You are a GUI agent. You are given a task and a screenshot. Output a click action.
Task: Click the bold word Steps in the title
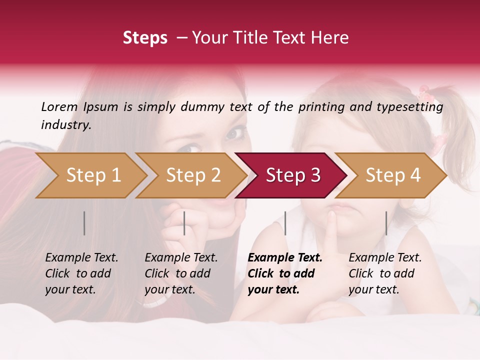pyautogui.click(x=145, y=38)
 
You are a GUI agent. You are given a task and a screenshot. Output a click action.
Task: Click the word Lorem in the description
pyautogui.click(x=59, y=106)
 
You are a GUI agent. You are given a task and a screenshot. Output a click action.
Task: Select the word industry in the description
pyautogui.click(x=66, y=124)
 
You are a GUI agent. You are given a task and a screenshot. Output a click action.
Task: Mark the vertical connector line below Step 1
pyautogui.click(x=84, y=223)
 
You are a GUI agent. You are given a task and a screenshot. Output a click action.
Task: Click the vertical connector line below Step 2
pyautogui.click(x=184, y=223)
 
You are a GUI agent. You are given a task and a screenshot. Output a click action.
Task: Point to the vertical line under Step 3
pyautogui.click(x=285, y=223)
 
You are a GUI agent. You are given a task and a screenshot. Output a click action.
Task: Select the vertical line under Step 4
pyautogui.click(x=386, y=223)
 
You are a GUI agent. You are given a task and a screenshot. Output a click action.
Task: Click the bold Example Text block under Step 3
pyautogui.click(x=285, y=273)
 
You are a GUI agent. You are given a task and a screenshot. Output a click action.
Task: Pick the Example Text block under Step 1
pyautogui.click(x=81, y=273)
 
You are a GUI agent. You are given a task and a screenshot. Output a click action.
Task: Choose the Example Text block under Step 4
pyautogui.click(x=385, y=273)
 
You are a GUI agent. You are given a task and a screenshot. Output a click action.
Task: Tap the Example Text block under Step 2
pyautogui.click(x=181, y=273)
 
